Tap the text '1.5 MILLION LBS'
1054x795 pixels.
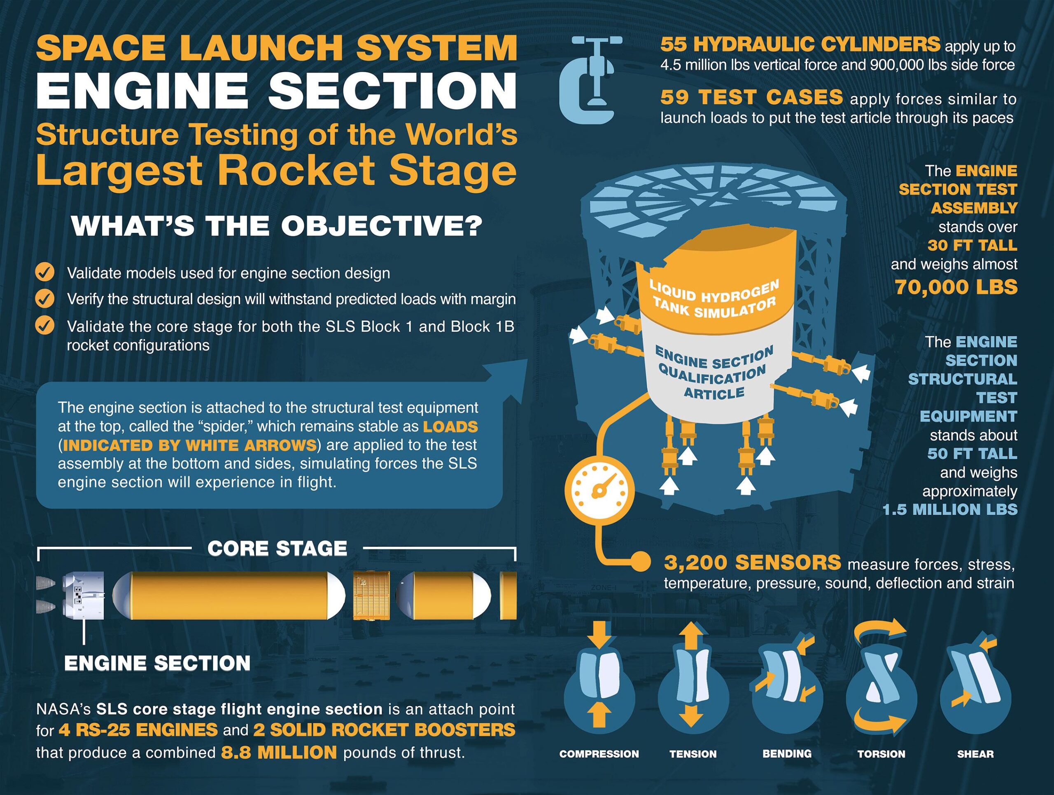point(950,509)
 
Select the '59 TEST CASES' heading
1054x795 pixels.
point(751,98)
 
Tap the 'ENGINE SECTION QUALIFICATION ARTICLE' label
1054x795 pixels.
point(714,372)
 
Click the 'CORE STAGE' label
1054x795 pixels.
point(277,549)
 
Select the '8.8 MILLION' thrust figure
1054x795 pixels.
point(279,753)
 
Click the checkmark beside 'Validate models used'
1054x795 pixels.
point(45,273)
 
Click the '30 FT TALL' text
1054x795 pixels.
point(972,246)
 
